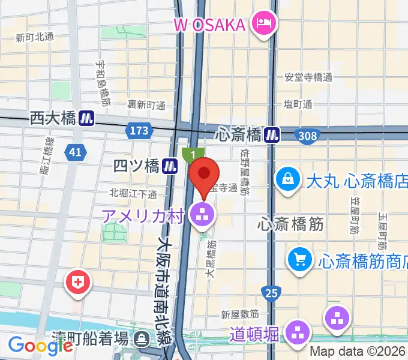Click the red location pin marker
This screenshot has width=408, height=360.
204,175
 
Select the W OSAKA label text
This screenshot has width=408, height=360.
209,25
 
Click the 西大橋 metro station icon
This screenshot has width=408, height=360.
87,119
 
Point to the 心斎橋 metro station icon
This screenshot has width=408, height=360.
274,135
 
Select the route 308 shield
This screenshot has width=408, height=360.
307,136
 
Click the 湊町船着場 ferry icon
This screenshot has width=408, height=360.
142,339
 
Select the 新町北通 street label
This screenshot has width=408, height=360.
34,37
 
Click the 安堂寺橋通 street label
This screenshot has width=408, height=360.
308,77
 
